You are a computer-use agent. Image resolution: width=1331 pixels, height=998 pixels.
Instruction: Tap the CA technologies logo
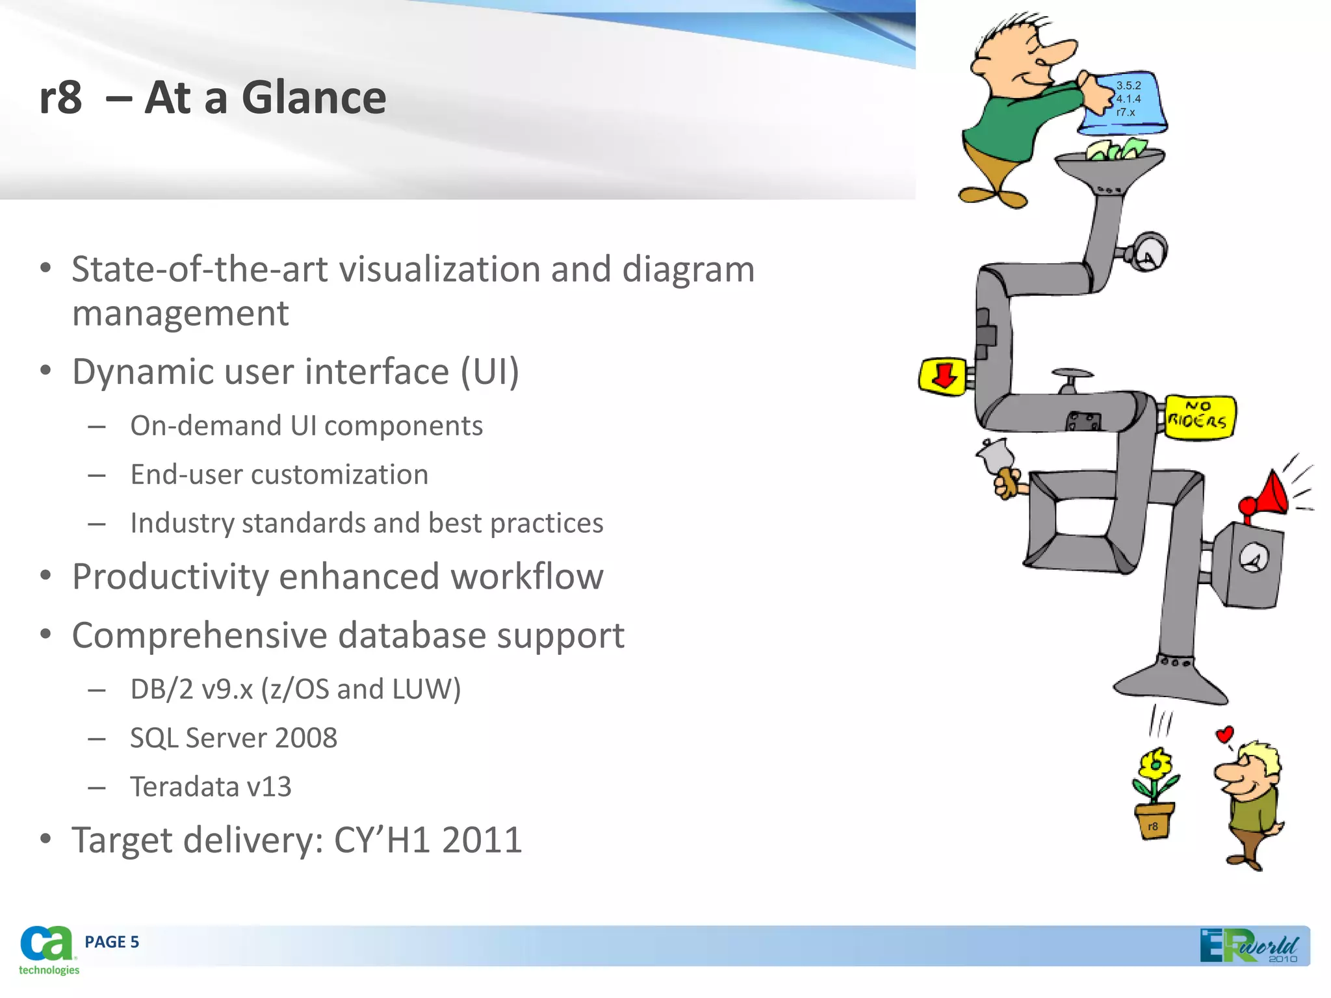tap(47, 949)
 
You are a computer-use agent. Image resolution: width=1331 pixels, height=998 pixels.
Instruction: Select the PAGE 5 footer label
tap(112, 942)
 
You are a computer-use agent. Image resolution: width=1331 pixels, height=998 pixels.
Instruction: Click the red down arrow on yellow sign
tap(944, 375)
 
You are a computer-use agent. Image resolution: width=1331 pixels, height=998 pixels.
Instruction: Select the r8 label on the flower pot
tap(1153, 826)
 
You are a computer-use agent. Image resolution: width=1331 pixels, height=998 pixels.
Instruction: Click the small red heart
tap(1224, 735)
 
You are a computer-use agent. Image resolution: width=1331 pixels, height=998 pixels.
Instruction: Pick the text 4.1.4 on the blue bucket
tap(1128, 99)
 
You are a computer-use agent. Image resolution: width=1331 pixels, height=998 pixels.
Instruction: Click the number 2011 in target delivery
tap(482, 839)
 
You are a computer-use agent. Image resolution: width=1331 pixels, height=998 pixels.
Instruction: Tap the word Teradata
tap(184, 786)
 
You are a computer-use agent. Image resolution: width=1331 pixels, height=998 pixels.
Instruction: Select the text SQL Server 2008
tap(233, 737)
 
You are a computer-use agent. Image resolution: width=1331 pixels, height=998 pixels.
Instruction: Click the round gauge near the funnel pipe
tap(1148, 252)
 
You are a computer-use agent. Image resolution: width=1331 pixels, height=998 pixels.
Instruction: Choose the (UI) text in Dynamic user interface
tap(489, 372)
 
